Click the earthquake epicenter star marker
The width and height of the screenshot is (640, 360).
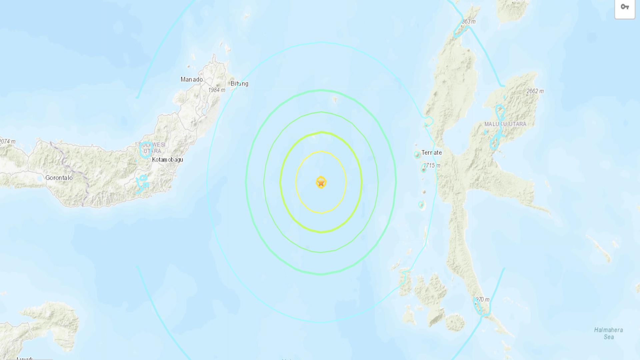point(321,182)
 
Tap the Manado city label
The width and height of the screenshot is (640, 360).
point(192,79)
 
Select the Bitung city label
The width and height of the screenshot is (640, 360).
point(239,84)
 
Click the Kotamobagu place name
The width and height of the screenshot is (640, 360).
point(167,160)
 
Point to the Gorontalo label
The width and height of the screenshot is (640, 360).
point(59,178)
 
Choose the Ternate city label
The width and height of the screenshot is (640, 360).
point(431,153)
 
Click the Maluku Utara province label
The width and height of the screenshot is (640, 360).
point(505,124)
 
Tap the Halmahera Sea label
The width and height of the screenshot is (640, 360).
point(608,333)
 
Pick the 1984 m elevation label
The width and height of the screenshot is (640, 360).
point(217,90)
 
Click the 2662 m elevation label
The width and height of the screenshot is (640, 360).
point(535,91)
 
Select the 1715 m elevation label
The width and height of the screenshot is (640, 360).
point(432,165)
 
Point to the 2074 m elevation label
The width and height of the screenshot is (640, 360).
point(7,141)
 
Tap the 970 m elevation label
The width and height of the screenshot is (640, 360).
point(482,299)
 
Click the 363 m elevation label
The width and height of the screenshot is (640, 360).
point(468,22)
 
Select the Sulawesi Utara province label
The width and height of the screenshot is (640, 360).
point(152,148)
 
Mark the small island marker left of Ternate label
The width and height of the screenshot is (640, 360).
point(417,154)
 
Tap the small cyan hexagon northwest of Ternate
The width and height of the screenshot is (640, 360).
point(428,121)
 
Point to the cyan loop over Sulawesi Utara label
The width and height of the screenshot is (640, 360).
point(146,150)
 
